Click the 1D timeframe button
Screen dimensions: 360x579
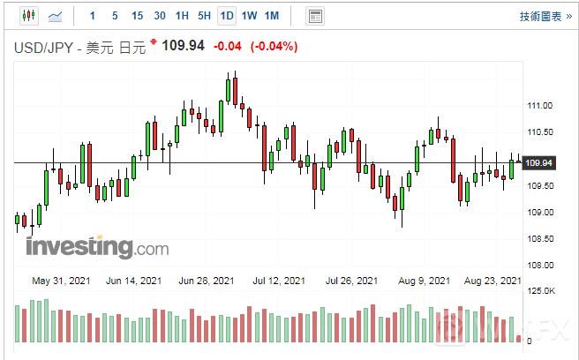[227, 16]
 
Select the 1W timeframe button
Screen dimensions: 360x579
[249, 16]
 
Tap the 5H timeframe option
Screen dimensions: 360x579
[204, 16]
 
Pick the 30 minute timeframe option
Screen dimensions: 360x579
[159, 16]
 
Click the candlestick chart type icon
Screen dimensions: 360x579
[26, 16]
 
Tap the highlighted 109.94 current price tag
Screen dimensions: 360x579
[538, 163]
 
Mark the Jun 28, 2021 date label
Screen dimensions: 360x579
[206, 281]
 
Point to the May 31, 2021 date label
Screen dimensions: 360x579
[59, 281]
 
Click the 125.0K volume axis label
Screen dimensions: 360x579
[539, 291]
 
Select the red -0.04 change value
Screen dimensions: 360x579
[229, 46]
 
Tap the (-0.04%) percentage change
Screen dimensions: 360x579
[274, 46]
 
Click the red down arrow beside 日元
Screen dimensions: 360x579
[154, 42]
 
